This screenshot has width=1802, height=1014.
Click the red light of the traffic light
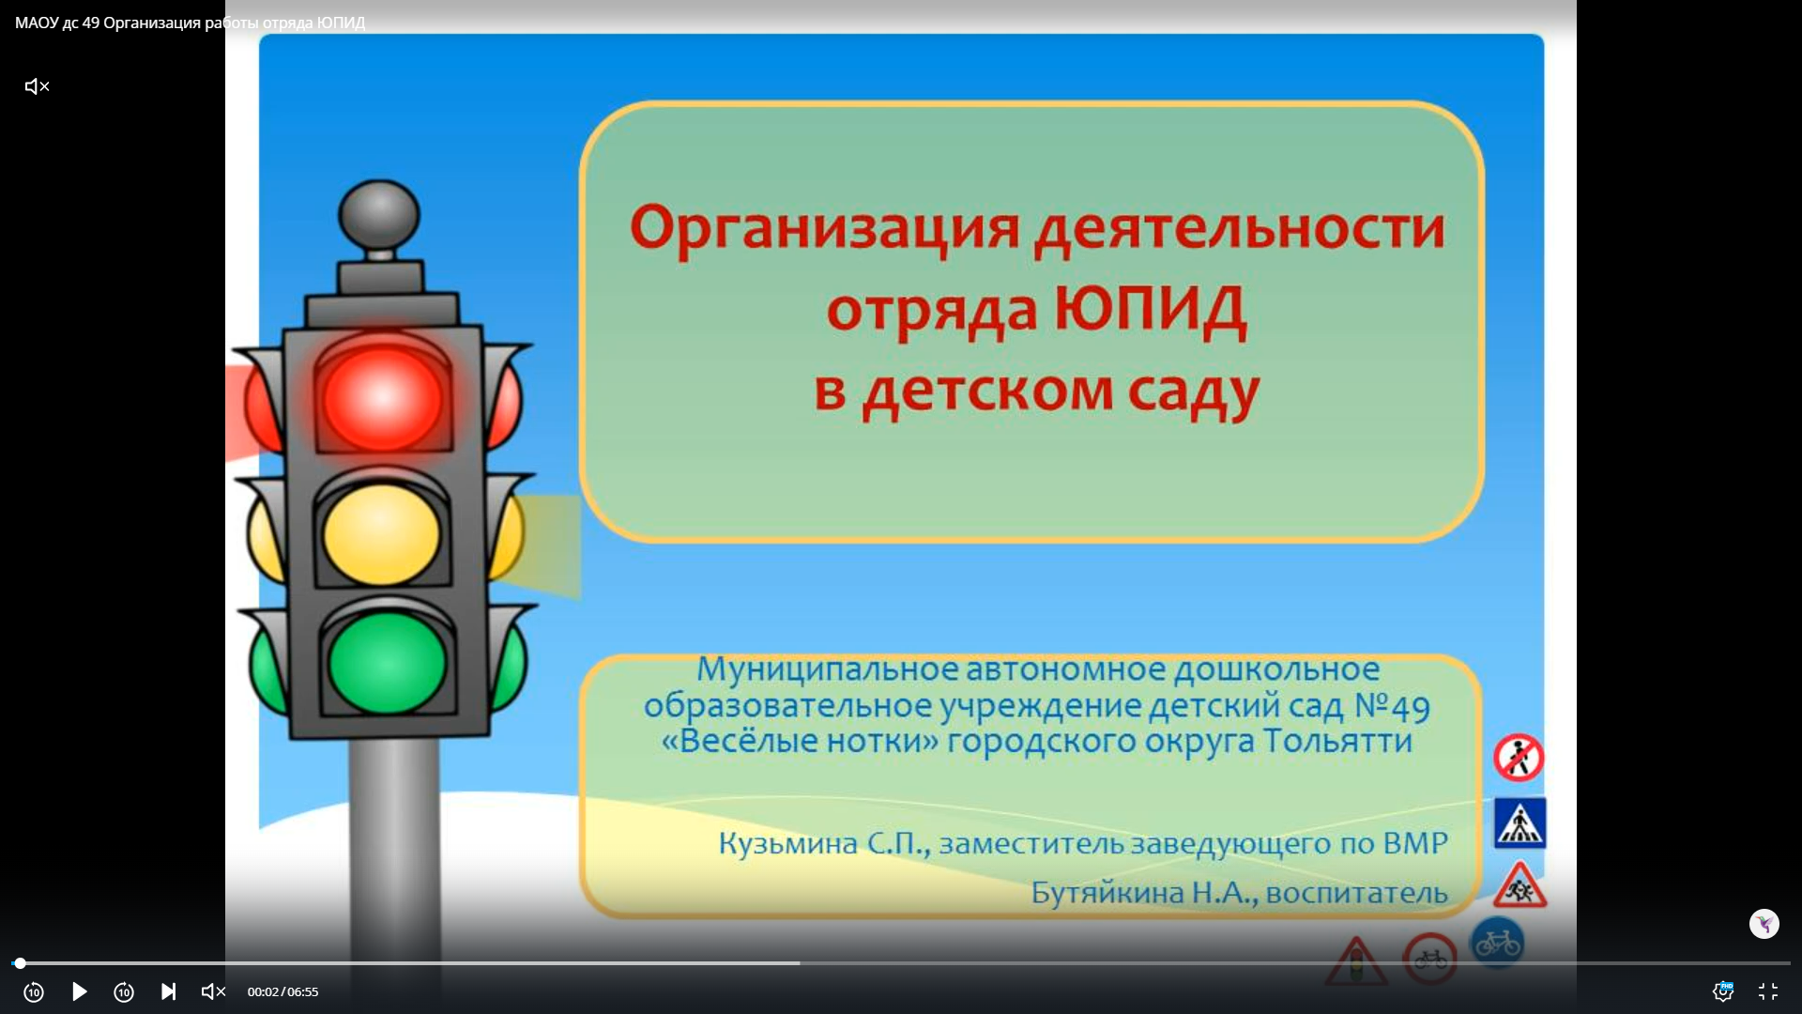(x=382, y=398)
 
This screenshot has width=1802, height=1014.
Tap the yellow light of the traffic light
(x=381, y=533)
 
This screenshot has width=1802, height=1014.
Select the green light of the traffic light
(x=387, y=662)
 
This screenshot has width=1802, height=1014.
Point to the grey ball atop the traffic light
(x=379, y=214)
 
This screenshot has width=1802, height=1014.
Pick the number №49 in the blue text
(x=1392, y=705)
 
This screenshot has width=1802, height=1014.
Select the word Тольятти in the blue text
(x=1337, y=741)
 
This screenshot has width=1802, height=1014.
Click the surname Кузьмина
(x=788, y=843)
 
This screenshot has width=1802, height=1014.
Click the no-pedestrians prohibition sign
(x=1519, y=758)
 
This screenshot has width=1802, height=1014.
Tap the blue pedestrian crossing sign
(x=1520, y=823)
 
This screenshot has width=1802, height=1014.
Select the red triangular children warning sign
(x=1520, y=885)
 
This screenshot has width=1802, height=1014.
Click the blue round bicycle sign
(x=1497, y=943)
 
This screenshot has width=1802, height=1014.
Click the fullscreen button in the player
(x=1768, y=991)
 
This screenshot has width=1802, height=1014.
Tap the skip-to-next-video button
(x=169, y=991)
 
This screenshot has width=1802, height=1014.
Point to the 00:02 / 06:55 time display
(x=283, y=991)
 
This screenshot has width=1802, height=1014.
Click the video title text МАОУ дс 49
(x=57, y=23)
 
